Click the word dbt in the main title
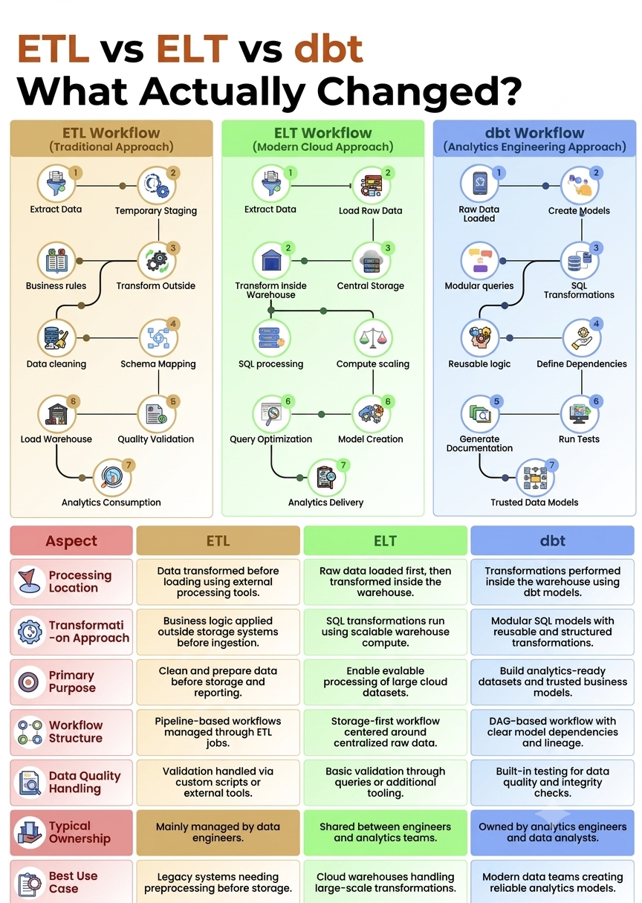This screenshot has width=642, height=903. click(x=328, y=49)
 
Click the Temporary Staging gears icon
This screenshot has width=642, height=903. click(x=156, y=186)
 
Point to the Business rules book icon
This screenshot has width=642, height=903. click(x=56, y=260)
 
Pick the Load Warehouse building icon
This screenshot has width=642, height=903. click(x=56, y=414)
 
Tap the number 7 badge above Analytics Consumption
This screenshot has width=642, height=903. click(x=129, y=465)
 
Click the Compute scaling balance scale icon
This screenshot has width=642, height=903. click(x=373, y=338)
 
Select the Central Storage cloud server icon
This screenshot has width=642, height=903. click(x=372, y=260)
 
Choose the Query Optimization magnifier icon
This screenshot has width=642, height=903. click(x=271, y=414)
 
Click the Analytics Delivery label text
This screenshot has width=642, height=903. click(x=325, y=502)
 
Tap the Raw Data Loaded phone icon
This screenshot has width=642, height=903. click(x=479, y=184)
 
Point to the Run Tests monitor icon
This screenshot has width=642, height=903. click(x=579, y=414)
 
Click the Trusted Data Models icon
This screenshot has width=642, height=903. click(x=535, y=478)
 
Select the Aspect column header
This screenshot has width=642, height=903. click(x=71, y=540)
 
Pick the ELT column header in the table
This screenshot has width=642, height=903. click(x=386, y=540)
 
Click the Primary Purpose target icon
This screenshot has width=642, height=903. click(x=29, y=682)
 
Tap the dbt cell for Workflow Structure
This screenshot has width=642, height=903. click(x=552, y=732)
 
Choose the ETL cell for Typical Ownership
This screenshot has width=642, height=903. click(x=218, y=832)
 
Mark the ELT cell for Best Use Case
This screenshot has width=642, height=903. click(x=386, y=882)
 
